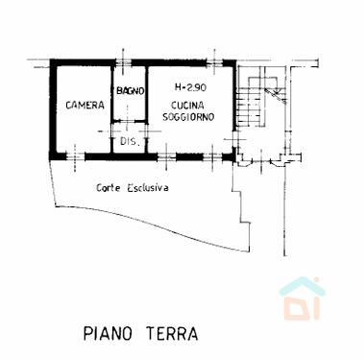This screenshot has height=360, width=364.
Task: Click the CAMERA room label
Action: pyautogui.click(x=85, y=105)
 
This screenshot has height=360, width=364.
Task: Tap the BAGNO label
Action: pyautogui.click(x=131, y=91)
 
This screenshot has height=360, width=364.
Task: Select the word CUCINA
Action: pyautogui.click(x=187, y=106)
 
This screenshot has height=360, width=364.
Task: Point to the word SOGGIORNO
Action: pyautogui.click(x=188, y=117)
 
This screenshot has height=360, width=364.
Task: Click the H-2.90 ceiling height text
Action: pyautogui.click(x=190, y=87)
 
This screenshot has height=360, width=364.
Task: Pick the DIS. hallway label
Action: pyautogui.click(x=131, y=141)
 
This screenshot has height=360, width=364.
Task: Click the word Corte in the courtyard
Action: pyautogui.click(x=109, y=187)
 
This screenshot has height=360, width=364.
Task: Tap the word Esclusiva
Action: pyautogui.click(x=148, y=187)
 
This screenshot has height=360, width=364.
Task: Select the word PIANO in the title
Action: pyautogui.click(x=108, y=333)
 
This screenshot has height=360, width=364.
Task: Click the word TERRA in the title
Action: pyautogui.click(x=172, y=333)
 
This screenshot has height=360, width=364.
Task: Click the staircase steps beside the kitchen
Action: pyautogui.click(x=252, y=107)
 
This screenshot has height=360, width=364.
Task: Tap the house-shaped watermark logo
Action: pyautogui.click(x=303, y=299)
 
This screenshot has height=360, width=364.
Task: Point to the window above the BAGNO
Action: pyautogui.click(x=123, y=62)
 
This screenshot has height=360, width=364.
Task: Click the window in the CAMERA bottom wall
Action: pyautogui.click(x=75, y=156)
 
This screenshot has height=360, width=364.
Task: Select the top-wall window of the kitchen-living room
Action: pyautogui.click(x=214, y=62)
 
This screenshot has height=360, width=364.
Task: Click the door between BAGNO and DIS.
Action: pyautogui.click(x=128, y=121)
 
